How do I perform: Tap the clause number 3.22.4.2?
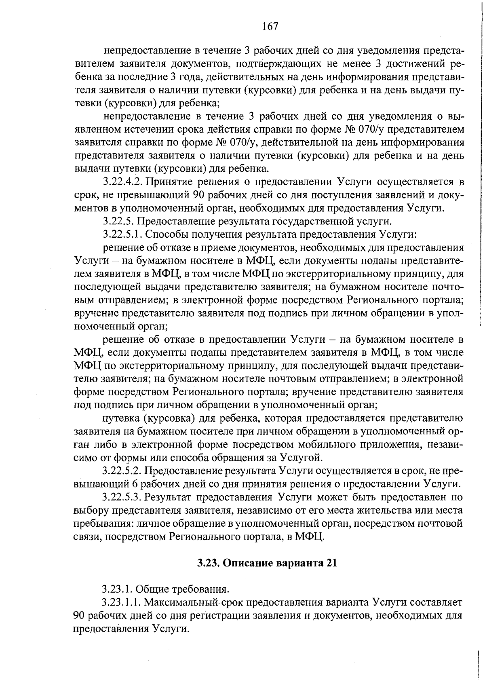(x=122, y=182)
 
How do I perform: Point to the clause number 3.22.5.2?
(x=122, y=471)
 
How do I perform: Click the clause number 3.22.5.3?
(x=122, y=497)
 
